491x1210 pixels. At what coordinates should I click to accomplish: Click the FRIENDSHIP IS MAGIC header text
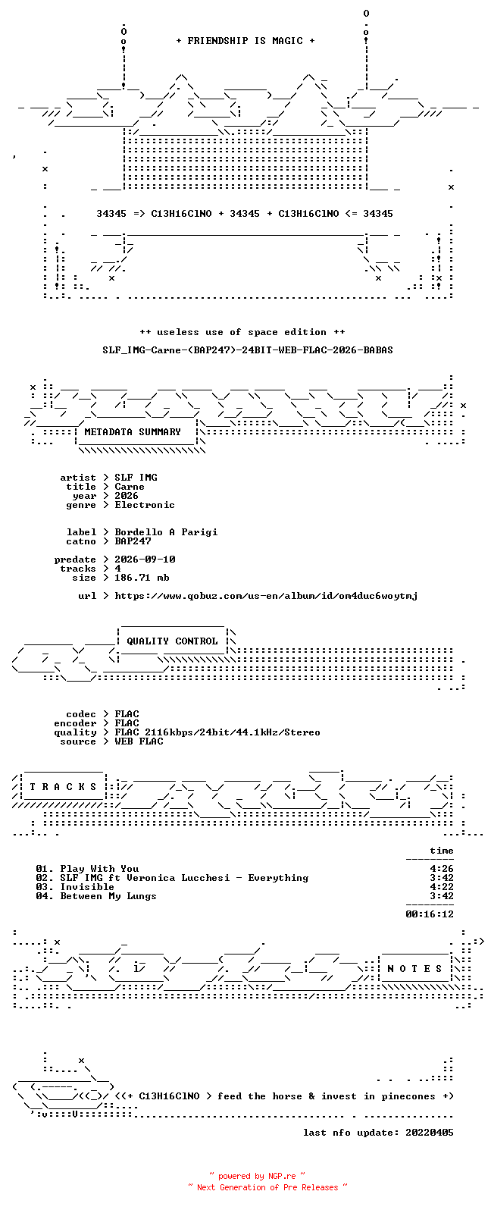(245, 40)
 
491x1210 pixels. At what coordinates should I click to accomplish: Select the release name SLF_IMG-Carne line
(248, 350)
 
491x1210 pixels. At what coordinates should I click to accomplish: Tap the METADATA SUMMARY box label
(133, 431)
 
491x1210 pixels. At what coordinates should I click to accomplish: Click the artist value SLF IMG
(136, 478)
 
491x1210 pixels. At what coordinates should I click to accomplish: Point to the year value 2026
(127, 496)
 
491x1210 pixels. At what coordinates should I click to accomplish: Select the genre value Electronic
(145, 505)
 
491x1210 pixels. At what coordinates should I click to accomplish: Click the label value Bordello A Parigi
(167, 532)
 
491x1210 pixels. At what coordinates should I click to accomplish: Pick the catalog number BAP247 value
(133, 541)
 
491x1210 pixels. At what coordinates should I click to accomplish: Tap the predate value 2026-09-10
(145, 560)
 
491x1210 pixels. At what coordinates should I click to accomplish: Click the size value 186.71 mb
(142, 578)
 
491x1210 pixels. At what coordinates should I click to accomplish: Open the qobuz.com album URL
(266, 596)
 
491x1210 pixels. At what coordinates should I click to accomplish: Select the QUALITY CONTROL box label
(172, 641)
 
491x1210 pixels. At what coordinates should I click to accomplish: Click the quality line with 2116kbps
(217, 732)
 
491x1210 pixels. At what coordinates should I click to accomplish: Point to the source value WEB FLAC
(139, 741)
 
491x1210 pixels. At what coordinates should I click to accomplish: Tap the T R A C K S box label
(63, 787)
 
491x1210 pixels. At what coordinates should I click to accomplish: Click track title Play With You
(99, 869)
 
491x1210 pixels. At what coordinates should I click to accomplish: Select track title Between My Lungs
(108, 896)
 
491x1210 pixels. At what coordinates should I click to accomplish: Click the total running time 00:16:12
(430, 914)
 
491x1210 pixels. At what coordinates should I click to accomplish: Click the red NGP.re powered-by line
(257, 1176)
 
